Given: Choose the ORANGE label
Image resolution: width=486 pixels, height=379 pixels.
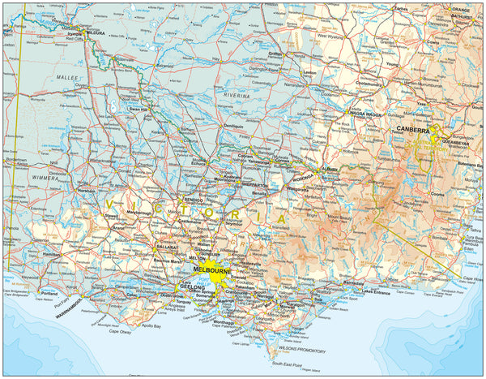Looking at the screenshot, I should (460, 9).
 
